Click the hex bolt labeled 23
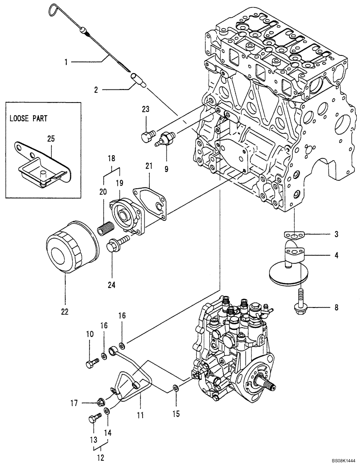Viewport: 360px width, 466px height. pos(146,136)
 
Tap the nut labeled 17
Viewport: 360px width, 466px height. pos(100,402)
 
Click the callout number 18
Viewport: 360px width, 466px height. pos(111,158)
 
